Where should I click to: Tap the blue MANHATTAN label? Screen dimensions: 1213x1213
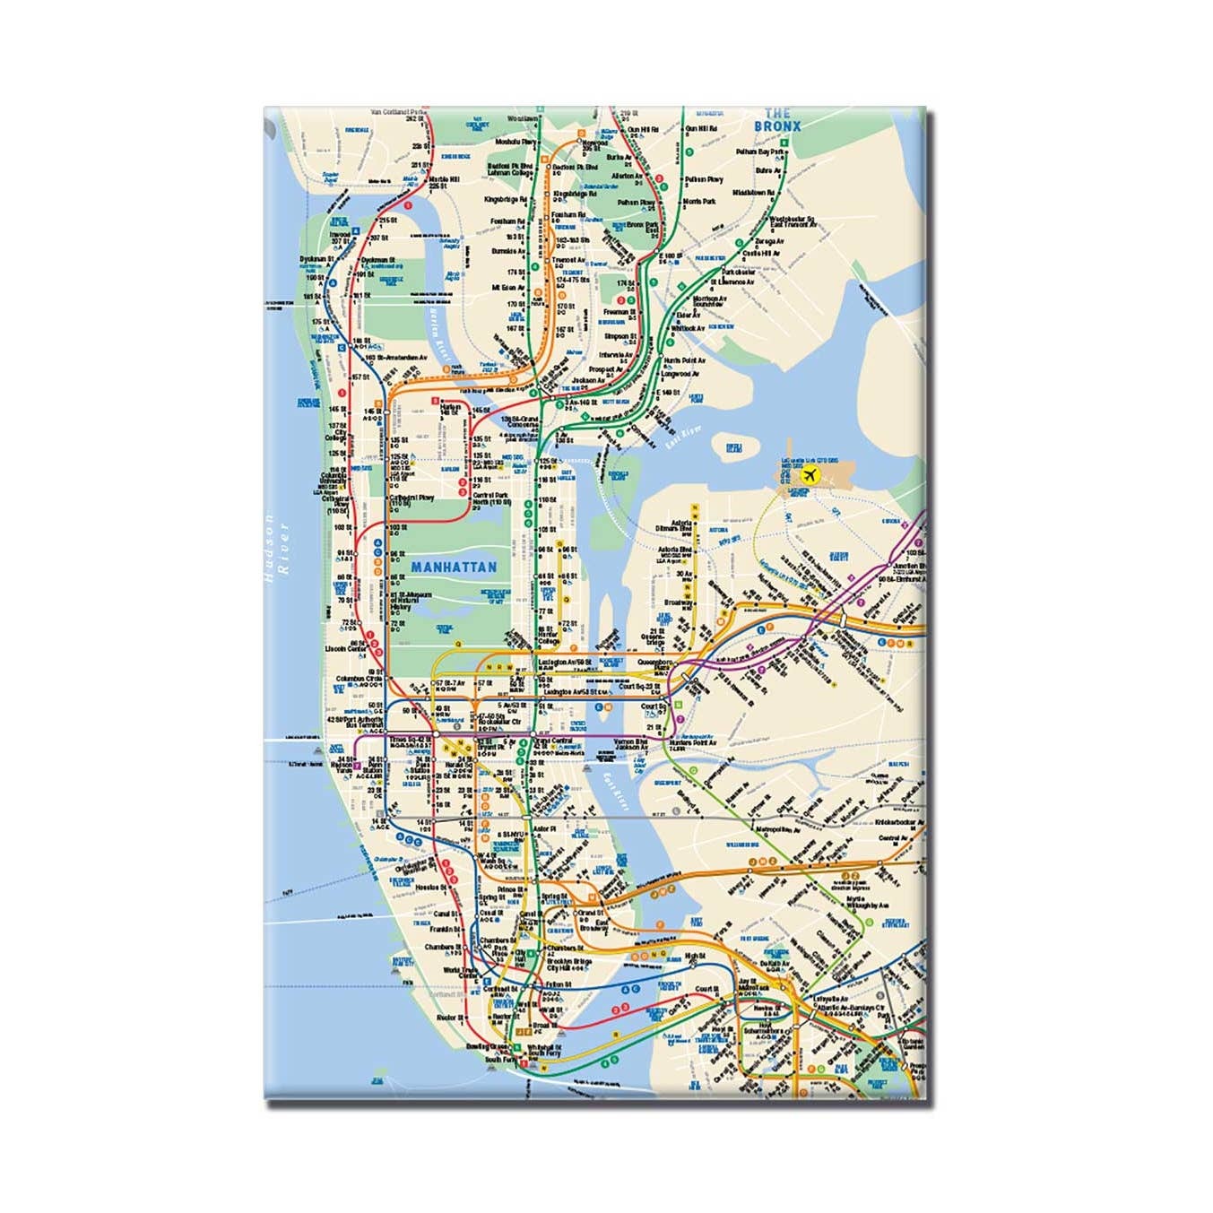point(454,568)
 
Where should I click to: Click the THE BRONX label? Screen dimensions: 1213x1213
point(777,120)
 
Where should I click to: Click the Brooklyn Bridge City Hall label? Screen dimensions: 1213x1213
point(566,965)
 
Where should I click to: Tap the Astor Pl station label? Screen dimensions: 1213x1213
point(545,830)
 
